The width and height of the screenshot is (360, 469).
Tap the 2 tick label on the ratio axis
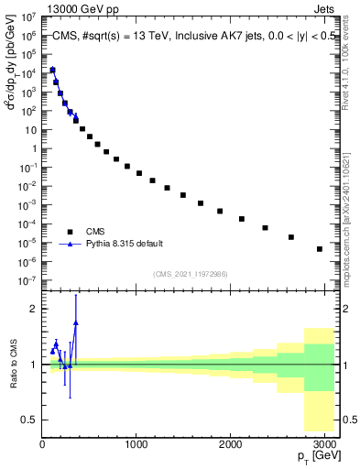coord(35,309)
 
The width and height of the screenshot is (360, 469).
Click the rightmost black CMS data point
coord(319,249)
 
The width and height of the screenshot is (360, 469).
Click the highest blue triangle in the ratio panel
coord(76,322)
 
